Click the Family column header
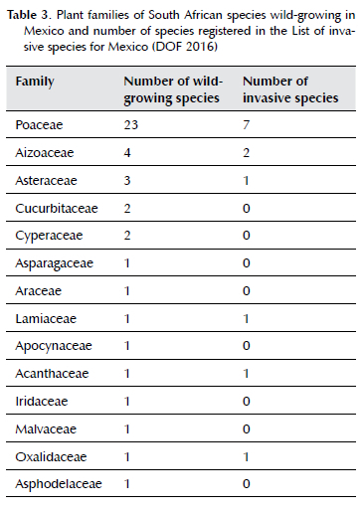[35, 82]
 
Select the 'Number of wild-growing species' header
[173, 89]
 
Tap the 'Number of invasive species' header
[290, 89]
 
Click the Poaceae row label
[39, 125]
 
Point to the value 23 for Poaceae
[131, 125]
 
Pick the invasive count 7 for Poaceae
[246, 125]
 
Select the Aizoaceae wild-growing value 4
[127, 153]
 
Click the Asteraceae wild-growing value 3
[127, 181]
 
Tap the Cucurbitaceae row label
[57, 209]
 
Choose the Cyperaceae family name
[49, 236]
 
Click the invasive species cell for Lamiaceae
[246, 319]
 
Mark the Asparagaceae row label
[55, 263]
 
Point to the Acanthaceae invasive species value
[246, 374]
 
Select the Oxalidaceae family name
[51, 457]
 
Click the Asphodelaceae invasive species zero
[246, 484]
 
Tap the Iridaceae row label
[42, 402]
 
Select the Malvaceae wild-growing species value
[127, 429]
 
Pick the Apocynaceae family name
[54, 346]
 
